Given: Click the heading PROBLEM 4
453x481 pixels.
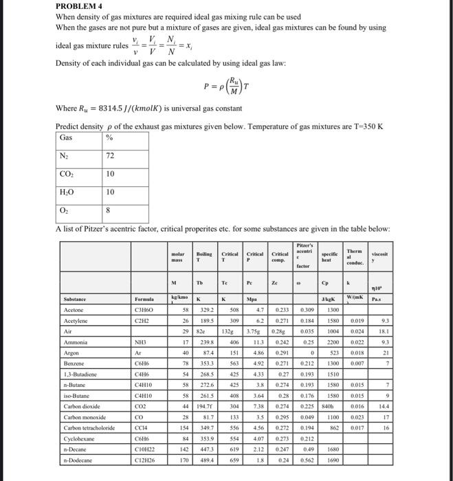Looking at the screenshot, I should [x=78, y=7].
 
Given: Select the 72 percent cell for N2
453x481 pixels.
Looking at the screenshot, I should [x=109, y=157].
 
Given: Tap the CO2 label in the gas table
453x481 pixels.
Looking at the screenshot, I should [x=67, y=175].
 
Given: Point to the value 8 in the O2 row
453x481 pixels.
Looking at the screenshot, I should [x=107, y=210].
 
